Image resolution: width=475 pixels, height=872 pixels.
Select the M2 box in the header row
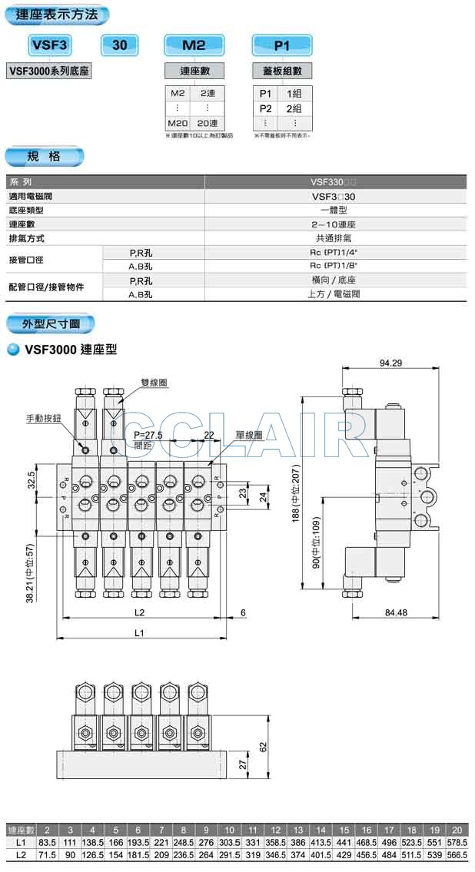point(194,45)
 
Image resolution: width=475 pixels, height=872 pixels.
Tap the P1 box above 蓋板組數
point(281,45)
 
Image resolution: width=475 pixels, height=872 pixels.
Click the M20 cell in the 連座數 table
point(178,123)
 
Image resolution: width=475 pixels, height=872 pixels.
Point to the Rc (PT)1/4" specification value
point(334,252)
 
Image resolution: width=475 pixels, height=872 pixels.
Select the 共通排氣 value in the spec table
point(334,238)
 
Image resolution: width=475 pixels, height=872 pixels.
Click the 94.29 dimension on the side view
point(391,363)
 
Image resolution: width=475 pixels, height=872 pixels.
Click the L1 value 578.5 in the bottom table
point(456,843)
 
